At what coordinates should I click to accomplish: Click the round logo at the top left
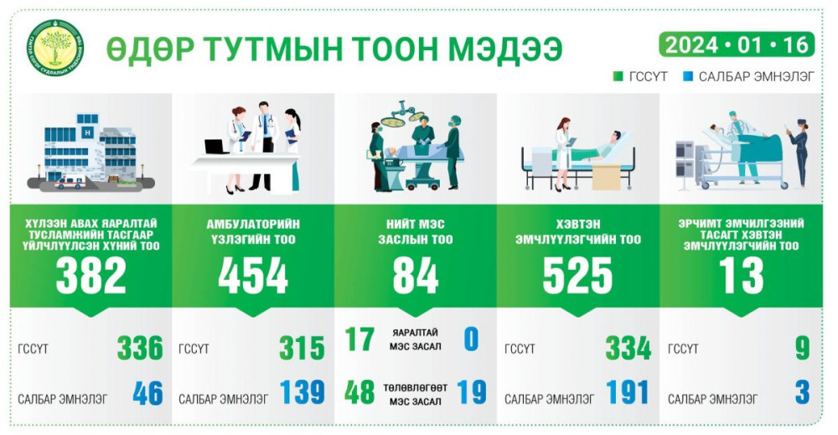click(55, 48)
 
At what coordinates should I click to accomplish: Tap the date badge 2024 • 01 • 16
click(737, 44)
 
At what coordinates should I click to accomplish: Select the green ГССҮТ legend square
click(618, 76)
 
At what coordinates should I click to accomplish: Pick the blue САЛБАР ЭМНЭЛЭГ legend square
click(688, 76)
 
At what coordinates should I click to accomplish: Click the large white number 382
click(91, 276)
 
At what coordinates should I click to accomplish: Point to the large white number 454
click(253, 276)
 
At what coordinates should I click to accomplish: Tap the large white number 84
click(416, 276)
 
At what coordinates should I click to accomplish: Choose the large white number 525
click(577, 276)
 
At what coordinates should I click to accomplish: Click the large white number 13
click(742, 276)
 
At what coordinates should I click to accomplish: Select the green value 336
click(140, 348)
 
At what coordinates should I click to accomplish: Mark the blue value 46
click(147, 393)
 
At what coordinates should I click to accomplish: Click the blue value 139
click(302, 392)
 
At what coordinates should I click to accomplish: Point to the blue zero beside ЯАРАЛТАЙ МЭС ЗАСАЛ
click(471, 339)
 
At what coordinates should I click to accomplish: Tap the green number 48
click(360, 393)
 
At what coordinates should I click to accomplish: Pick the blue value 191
click(628, 392)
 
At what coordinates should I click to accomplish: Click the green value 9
click(802, 348)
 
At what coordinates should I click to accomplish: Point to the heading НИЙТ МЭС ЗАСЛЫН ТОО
click(416, 232)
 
